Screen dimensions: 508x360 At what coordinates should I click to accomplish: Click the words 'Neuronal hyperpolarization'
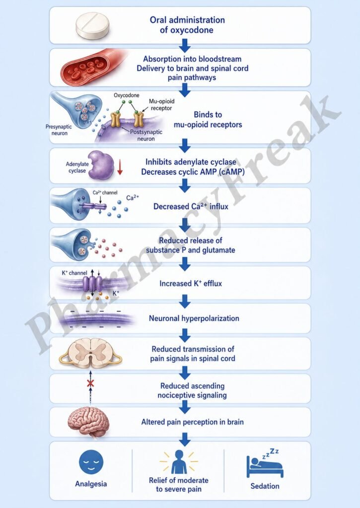click(x=194, y=318)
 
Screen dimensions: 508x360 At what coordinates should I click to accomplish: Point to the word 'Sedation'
click(x=265, y=486)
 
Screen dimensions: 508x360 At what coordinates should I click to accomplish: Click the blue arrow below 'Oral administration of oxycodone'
click(x=185, y=46)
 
